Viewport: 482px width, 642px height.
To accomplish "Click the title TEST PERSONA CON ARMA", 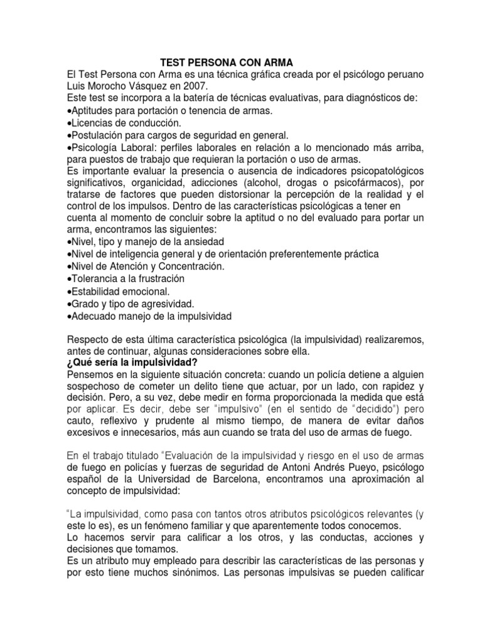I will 227,62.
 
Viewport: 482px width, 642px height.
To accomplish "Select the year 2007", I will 188,87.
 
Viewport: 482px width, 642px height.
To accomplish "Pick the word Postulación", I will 98,135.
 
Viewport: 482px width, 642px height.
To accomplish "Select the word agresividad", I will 161,303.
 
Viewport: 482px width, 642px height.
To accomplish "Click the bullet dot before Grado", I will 68,303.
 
